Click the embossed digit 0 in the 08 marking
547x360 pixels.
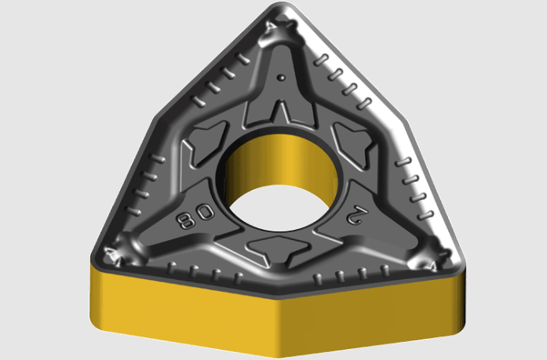205,212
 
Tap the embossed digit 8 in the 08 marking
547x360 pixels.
186,220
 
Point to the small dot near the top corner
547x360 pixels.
281,78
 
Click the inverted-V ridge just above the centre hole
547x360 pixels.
280,111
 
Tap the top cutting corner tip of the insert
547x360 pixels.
283,4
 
